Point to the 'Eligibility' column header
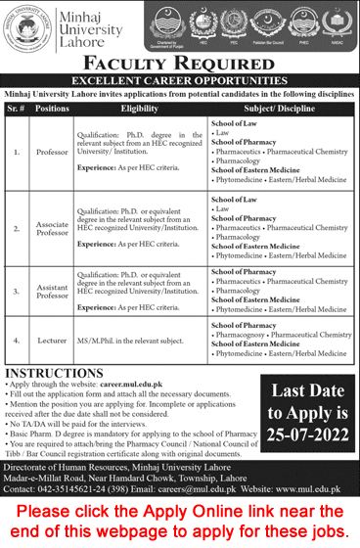140,110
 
